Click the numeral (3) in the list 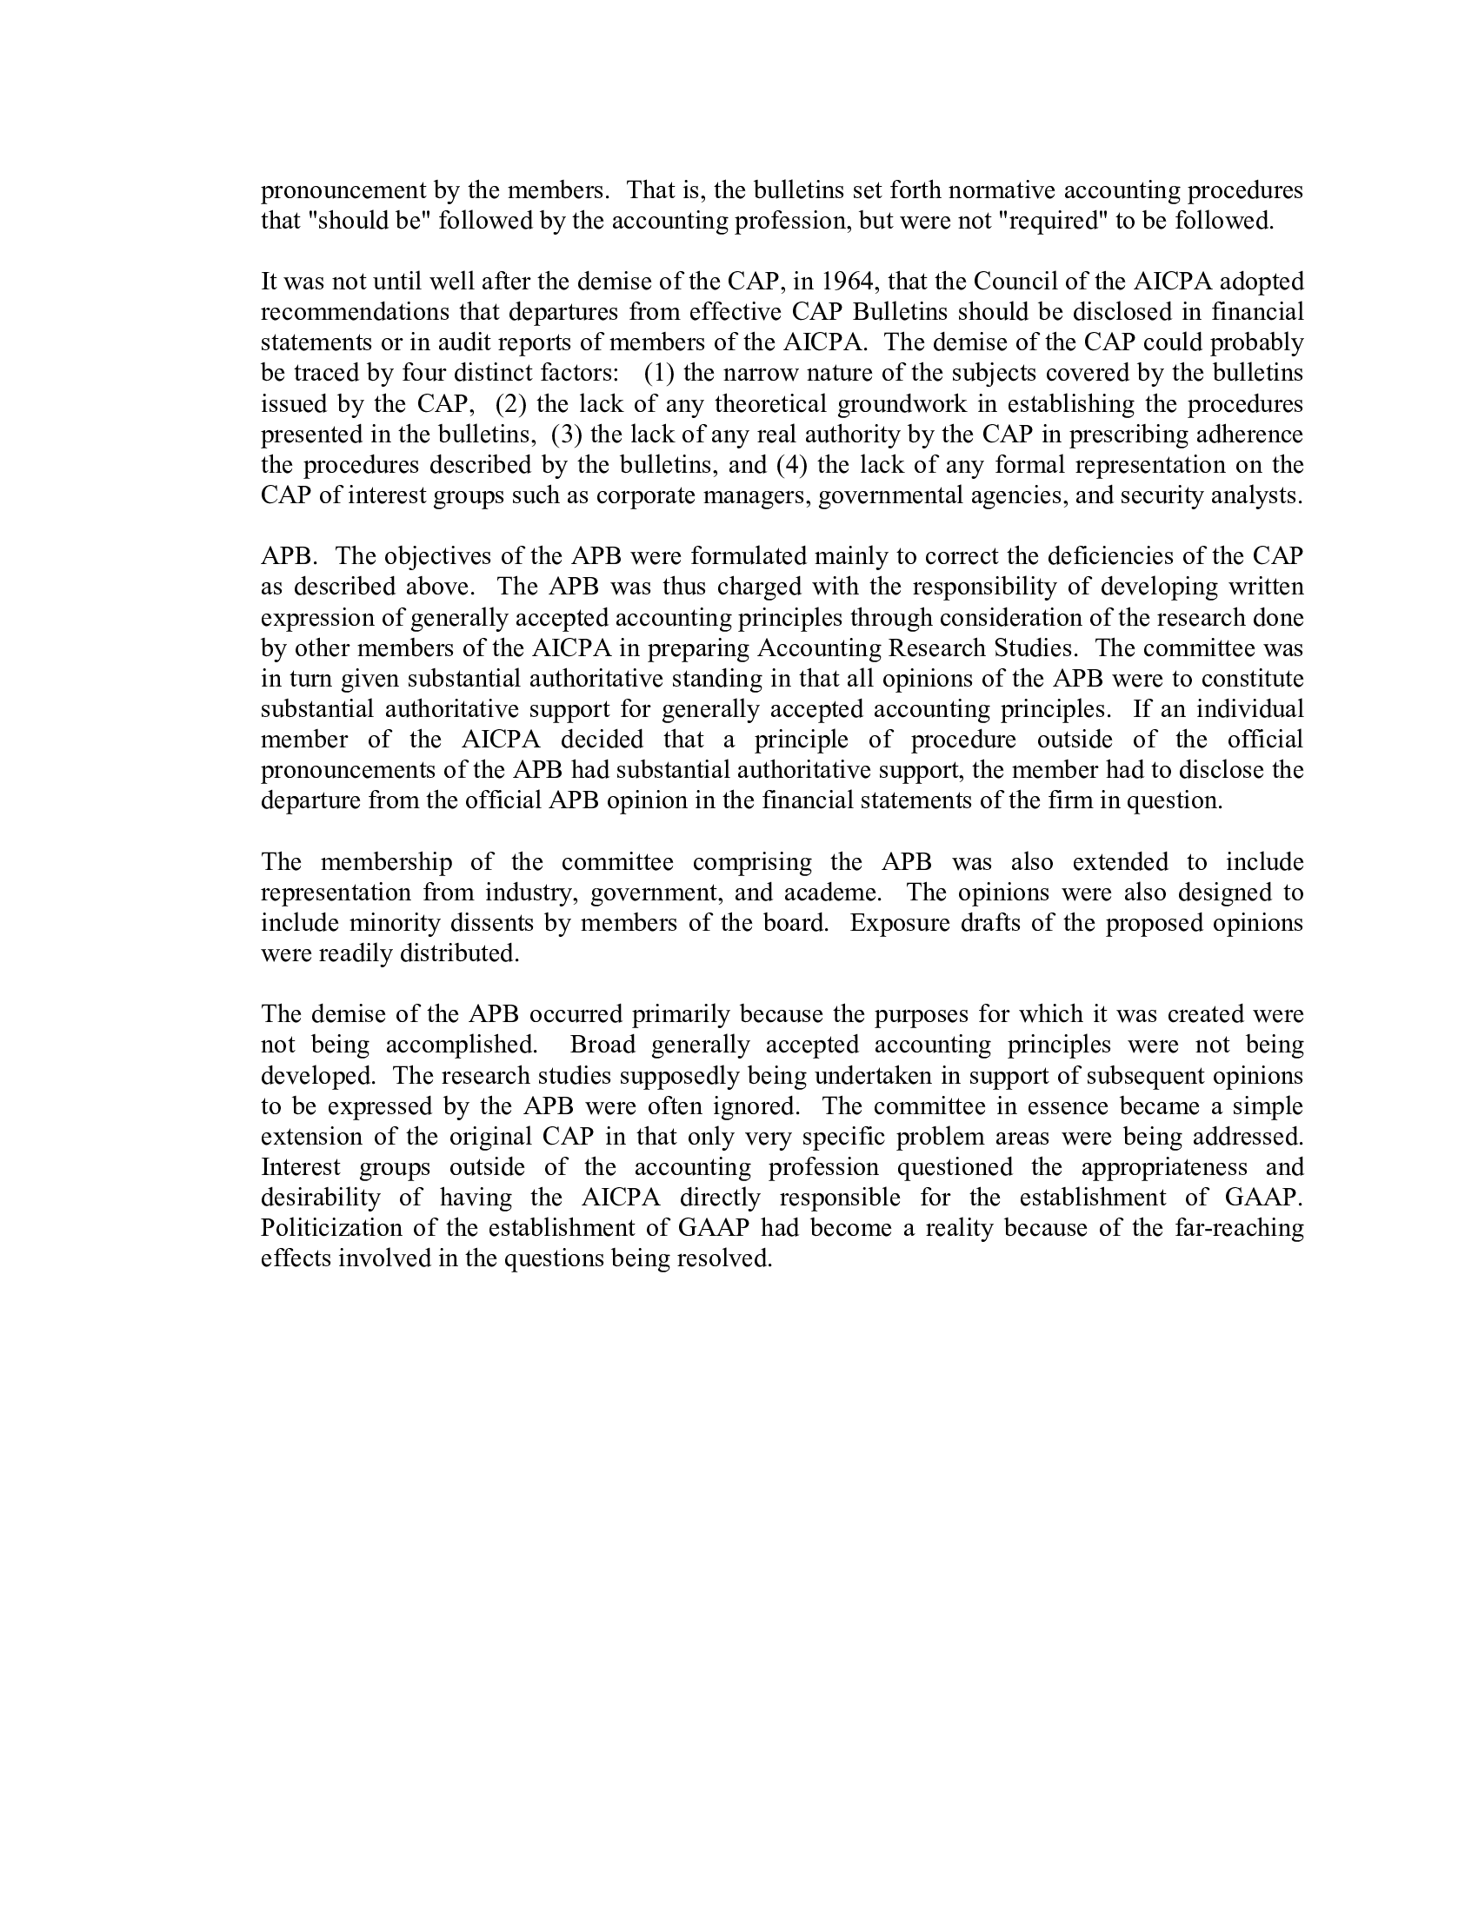pyautogui.click(x=567, y=435)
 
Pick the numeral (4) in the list pyautogui.click(x=791, y=465)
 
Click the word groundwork pyautogui.click(x=902, y=404)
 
